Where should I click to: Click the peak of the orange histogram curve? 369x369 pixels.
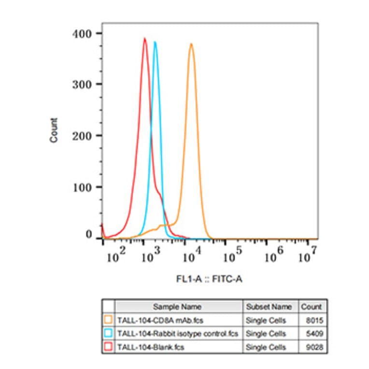tap(191, 44)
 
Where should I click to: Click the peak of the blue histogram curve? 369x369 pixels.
tap(155, 42)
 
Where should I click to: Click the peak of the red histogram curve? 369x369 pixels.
tap(144, 39)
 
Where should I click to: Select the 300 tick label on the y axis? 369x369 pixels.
tap(83, 84)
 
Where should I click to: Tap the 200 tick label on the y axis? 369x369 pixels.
tap(83, 135)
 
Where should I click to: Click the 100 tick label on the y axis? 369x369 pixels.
tap(83, 186)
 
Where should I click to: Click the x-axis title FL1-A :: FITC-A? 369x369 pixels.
tap(209, 279)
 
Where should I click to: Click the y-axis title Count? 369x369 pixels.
tap(54, 130)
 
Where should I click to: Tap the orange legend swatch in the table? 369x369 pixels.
tap(109, 320)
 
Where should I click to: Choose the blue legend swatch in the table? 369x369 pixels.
tap(109, 333)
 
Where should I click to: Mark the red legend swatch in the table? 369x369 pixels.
tap(109, 347)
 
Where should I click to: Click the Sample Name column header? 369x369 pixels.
tap(177, 307)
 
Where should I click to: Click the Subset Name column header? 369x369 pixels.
tap(269, 307)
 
